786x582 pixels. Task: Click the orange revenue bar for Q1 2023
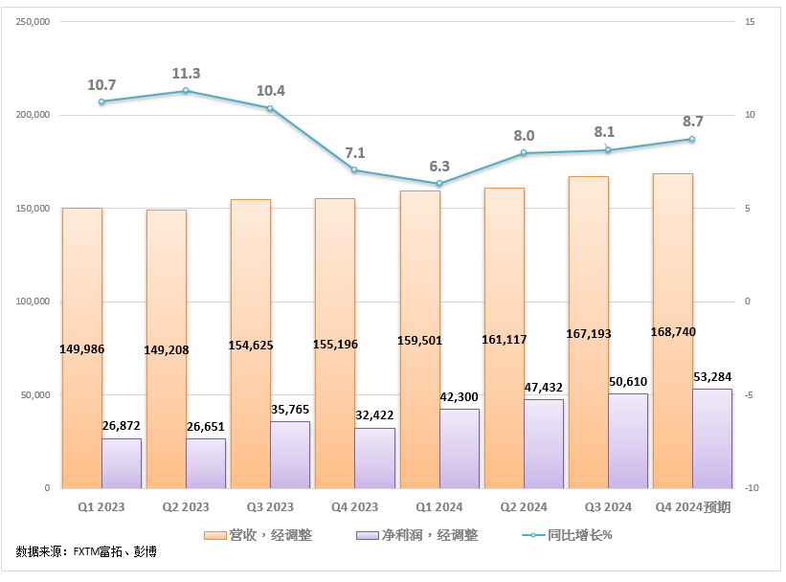click(81, 287)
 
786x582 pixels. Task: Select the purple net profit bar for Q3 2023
click(290, 455)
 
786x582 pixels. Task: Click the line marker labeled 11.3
click(186, 91)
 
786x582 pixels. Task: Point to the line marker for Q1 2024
click(438, 184)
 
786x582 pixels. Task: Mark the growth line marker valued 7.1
click(354, 170)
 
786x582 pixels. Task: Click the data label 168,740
click(673, 331)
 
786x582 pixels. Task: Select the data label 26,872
click(122, 425)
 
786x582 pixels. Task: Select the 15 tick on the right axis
click(751, 21)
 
